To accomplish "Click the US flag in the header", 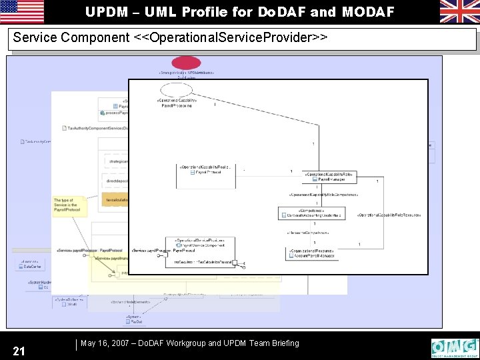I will pyautogui.click(x=22, y=11).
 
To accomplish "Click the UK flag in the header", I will pyautogui.click(x=459, y=11).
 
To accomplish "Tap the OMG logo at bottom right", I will pyautogui.click(x=455, y=348).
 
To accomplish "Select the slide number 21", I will pyautogui.click(x=19, y=351).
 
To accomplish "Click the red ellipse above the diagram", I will pyautogui.click(x=186, y=63).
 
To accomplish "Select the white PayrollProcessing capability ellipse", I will pyautogui.click(x=177, y=90).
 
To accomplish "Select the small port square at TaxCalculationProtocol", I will pyautogui.click(x=235, y=263).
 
